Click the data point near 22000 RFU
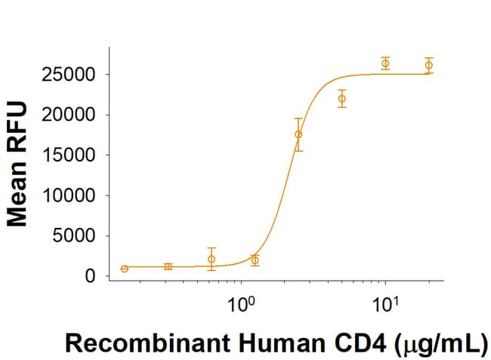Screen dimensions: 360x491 pyautogui.click(x=342, y=99)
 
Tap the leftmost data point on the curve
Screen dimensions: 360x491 pyautogui.click(x=124, y=269)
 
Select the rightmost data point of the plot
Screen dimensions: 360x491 pyautogui.click(x=429, y=65)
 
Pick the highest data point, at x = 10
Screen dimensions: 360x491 pyautogui.click(x=385, y=63)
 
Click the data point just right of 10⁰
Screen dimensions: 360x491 pyautogui.click(x=255, y=260)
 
